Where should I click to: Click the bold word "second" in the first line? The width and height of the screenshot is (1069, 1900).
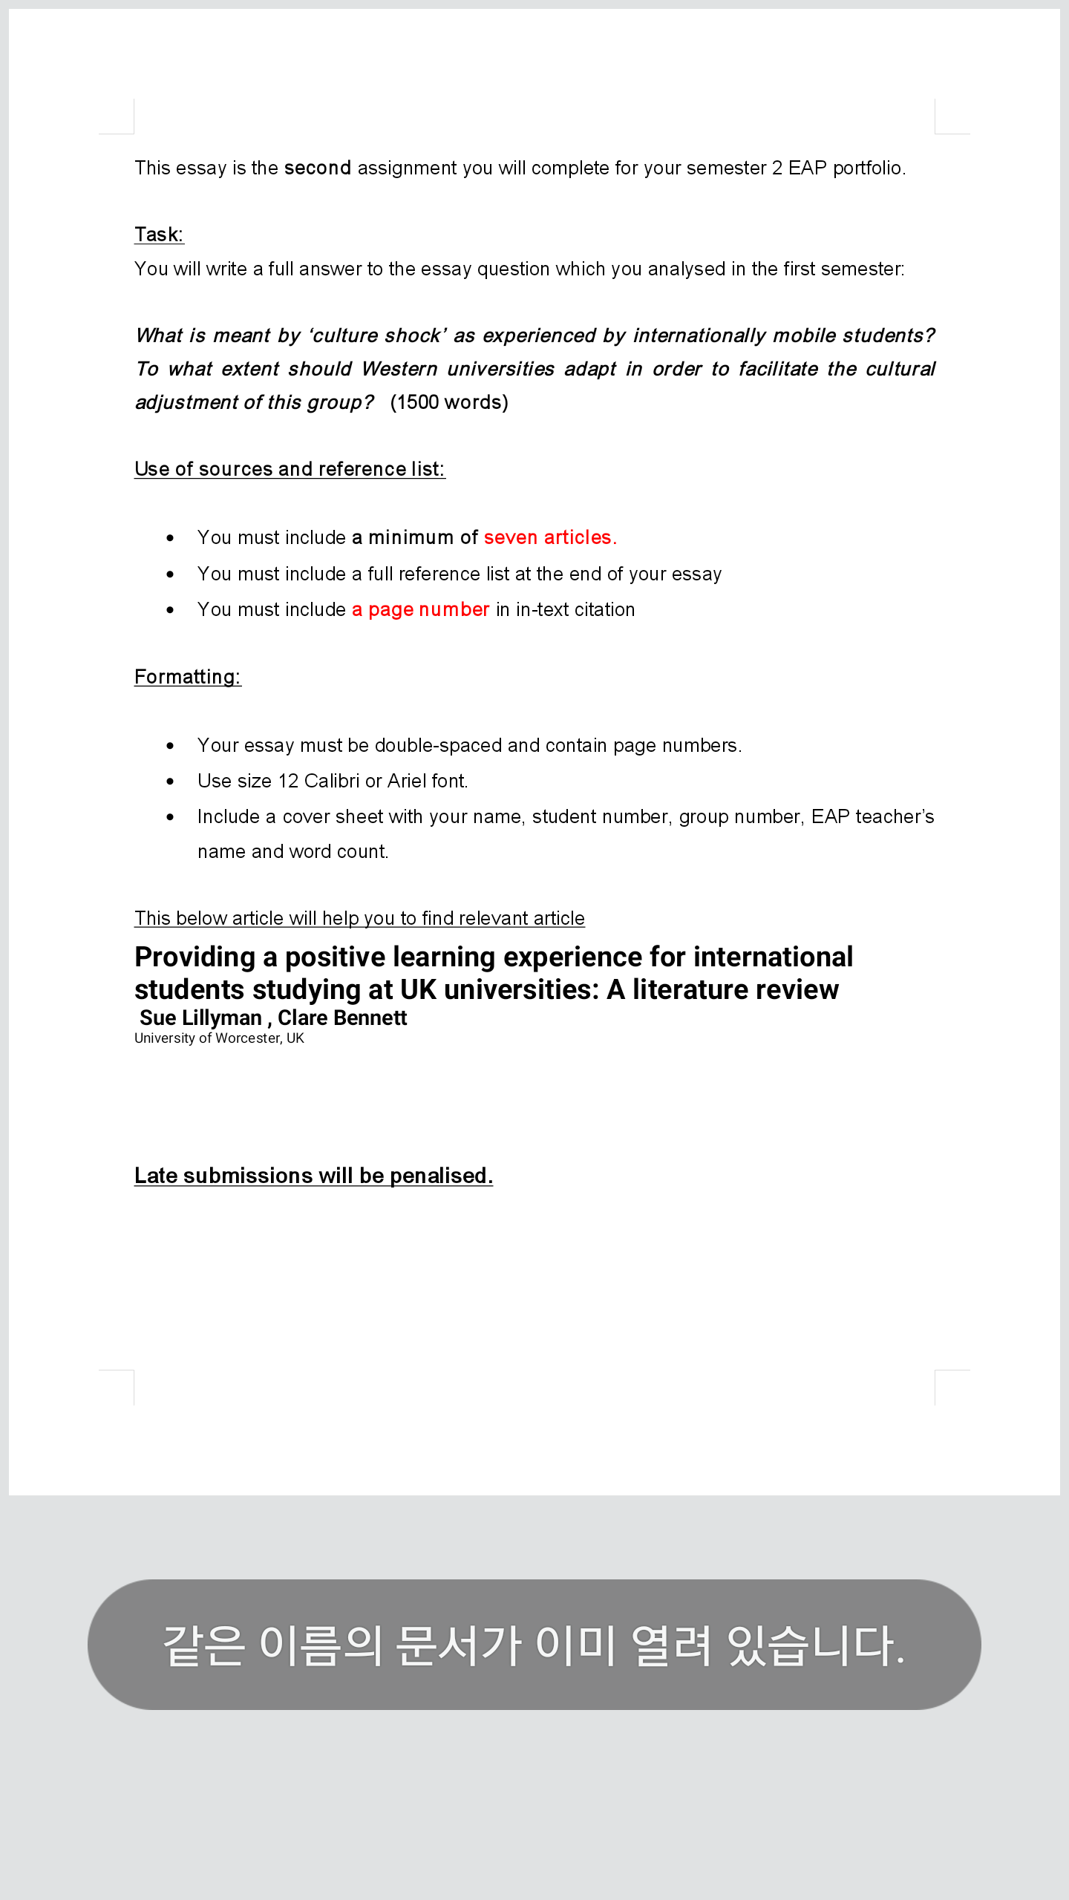point(317,168)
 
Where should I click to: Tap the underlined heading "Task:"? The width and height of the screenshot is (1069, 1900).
point(159,235)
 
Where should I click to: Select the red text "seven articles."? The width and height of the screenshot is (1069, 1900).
point(550,537)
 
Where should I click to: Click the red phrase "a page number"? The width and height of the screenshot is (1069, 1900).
point(420,609)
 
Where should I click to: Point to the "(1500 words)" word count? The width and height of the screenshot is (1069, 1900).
point(449,402)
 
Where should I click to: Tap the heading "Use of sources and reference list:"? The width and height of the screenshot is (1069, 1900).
point(290,469)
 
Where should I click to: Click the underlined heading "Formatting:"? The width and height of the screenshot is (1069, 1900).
point(188,677)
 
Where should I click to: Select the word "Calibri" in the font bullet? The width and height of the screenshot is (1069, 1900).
point(331,781)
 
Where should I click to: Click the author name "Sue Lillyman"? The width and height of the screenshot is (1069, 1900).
point(200,1018)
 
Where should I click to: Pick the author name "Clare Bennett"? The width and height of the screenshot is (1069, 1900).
point(342,1018)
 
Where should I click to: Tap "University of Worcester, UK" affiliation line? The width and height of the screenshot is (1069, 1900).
point(219,1038)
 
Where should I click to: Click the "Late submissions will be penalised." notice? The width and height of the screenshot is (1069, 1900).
point(313,1176)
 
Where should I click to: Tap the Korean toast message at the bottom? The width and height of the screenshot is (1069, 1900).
point(534,1644)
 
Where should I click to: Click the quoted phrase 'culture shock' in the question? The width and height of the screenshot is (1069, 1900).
point(377,335)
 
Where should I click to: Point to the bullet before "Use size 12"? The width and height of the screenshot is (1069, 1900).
point(171,781)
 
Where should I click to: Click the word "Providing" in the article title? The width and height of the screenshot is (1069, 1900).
point(194,957)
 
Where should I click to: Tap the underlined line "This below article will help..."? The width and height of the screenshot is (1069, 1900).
point(359,918)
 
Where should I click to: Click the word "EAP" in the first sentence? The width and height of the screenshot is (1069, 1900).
point(807,168)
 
